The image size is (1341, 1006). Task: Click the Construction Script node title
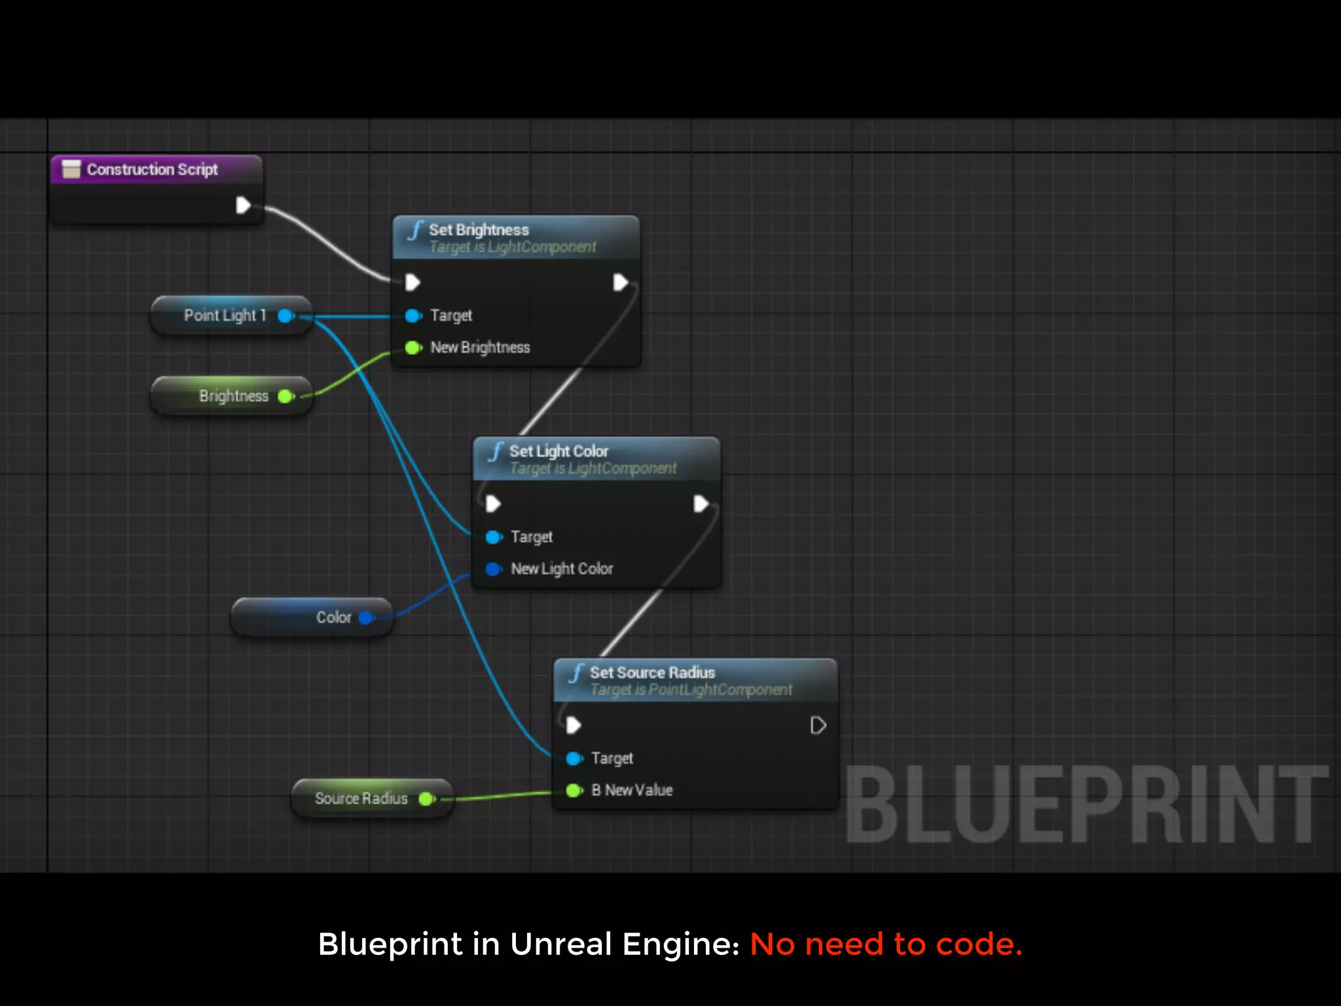tap(152, 170)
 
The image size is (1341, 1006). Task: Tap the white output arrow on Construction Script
tap(243, 206)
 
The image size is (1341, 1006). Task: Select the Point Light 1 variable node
tap(225, 316)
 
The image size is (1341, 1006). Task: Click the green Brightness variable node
tap(233, 396)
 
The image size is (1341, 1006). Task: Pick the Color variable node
tap(333, 618)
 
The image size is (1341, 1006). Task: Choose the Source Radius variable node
tap(361, 798)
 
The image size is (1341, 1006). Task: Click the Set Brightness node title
tap(479, 230)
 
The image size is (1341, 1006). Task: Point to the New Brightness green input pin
tap(413, 348)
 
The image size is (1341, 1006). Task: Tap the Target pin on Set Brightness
tap(413, 316)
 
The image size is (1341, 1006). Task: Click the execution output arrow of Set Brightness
tap(619, 283)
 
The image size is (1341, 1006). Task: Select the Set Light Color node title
tap(559, 451)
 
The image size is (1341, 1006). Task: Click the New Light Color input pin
tap(494, 568)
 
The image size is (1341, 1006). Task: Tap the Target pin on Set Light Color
tap(494, 537)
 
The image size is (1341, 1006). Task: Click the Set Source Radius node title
tap(652, 673)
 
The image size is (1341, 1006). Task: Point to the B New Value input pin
tap(574, 791)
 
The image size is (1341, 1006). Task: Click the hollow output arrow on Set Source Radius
tap(818, 726)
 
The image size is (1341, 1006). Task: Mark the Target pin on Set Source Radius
tap(574, 758)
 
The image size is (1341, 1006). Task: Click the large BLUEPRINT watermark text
tap(1087, 806)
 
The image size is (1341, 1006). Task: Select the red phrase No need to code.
tap(885, 944)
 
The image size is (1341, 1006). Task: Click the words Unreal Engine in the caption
tap(624, 944)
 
